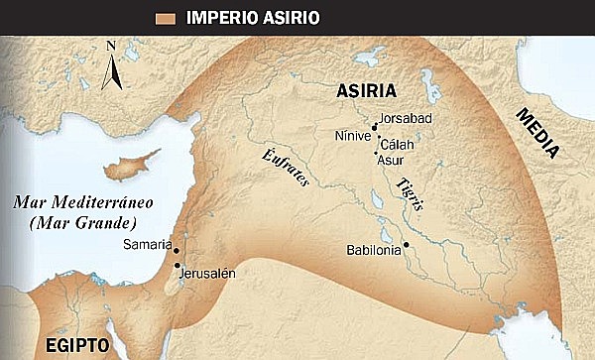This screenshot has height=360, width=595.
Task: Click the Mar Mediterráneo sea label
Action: [x=66, y=212]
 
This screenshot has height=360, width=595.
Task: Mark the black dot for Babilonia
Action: [x=407, y=244]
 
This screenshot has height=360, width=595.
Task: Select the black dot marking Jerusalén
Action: [x=177, y=266]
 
